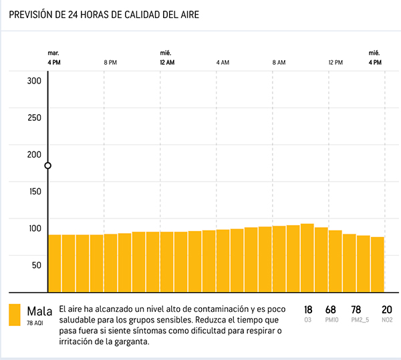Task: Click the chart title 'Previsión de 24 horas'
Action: tap(103, 14)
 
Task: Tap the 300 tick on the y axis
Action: tap(34, 81)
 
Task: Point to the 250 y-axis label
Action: tap(34, 118)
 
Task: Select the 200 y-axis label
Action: tap(34, 154)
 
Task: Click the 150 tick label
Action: tap(34, 191)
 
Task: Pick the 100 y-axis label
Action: tap(34, 228)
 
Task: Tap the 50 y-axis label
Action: tap(36, 264)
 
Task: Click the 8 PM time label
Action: tap(110, 62)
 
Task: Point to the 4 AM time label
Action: tap(223, 62)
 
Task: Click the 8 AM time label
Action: tap(279, 62)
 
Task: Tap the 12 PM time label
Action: tap(335, 62)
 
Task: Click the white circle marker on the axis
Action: tap(48, 166)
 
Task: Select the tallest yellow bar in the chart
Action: tap(307, 257)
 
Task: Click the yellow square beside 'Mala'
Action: tap(15, 315)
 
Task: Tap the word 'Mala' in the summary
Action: tap(39, 311)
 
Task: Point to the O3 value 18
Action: tap(308, 310)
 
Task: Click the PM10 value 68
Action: tap(330, 310)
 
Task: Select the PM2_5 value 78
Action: tap(356, 310)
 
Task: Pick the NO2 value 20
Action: tap(386, 310)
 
